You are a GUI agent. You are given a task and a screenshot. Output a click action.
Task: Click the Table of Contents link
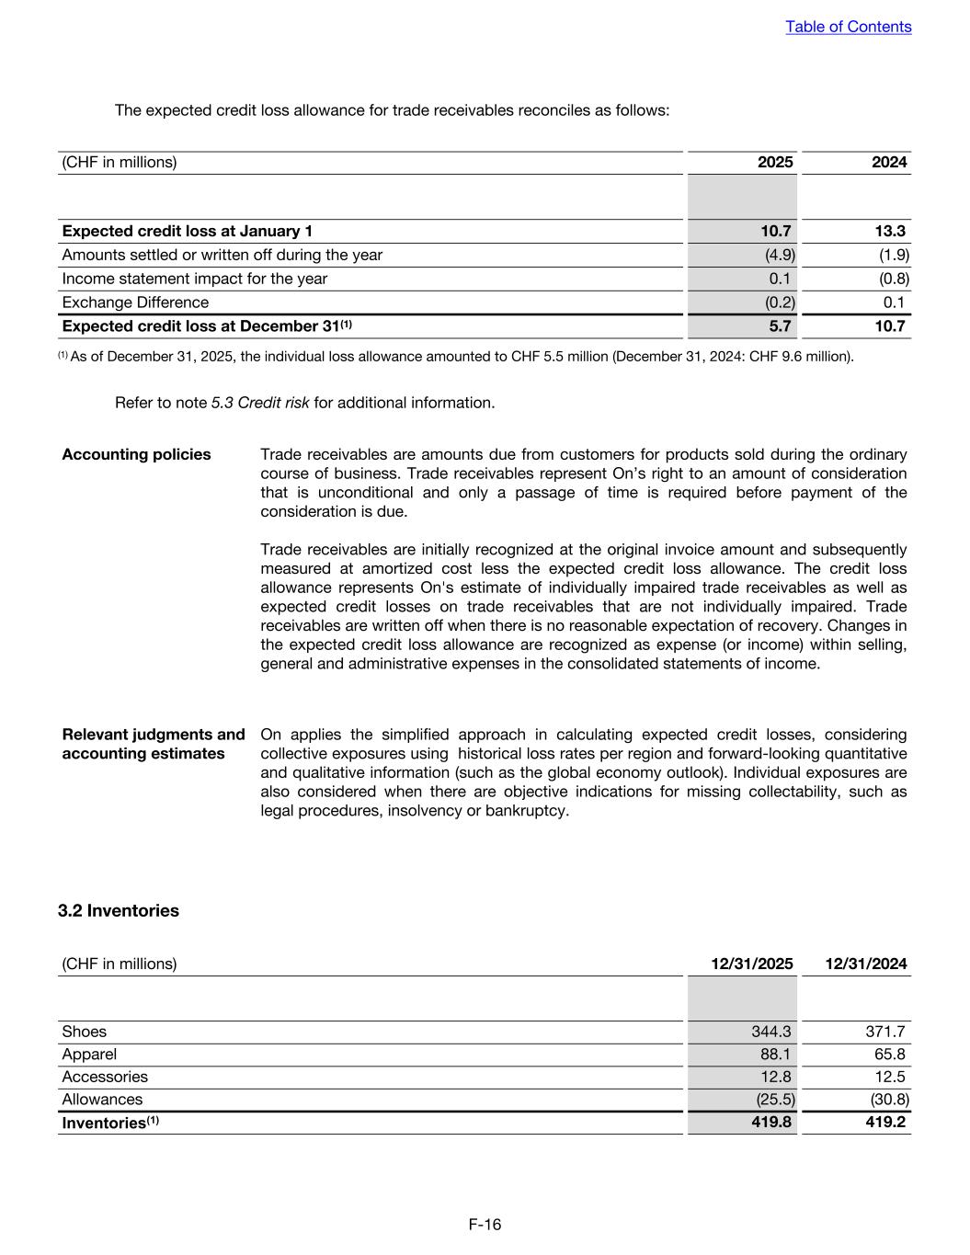(848, 27)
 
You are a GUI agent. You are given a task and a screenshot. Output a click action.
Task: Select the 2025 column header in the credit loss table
(774, 163)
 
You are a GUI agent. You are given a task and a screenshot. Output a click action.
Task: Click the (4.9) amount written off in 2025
(780, 255)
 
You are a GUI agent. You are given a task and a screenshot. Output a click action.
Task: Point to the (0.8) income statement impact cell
(894, 279)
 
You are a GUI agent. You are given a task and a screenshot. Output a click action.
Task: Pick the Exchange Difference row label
(135, 302)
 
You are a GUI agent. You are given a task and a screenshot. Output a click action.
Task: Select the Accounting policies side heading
(136, 454)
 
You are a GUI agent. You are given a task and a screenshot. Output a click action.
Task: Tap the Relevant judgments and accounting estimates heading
(153, 744)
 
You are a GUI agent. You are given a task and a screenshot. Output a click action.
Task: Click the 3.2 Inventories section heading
(119, 911)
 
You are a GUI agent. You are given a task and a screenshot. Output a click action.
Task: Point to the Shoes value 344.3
(771, 1032)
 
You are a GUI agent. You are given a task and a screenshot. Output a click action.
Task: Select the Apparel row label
(89, 1055)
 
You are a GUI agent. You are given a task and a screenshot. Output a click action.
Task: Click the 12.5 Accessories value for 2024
(889, 1077)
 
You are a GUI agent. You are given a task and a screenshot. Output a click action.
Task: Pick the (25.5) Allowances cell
(775, 1100)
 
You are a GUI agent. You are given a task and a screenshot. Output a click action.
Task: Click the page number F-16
(485, 1225)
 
